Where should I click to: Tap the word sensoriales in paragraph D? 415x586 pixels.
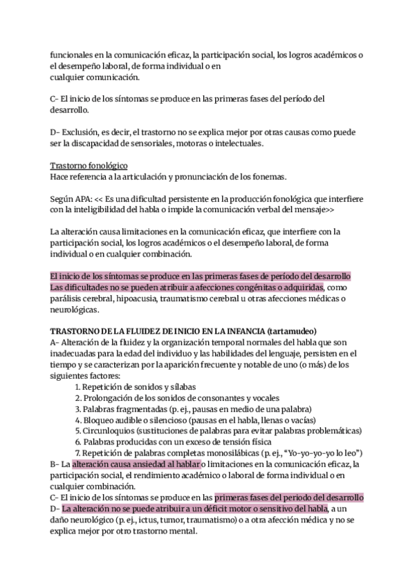pos(164,144)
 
